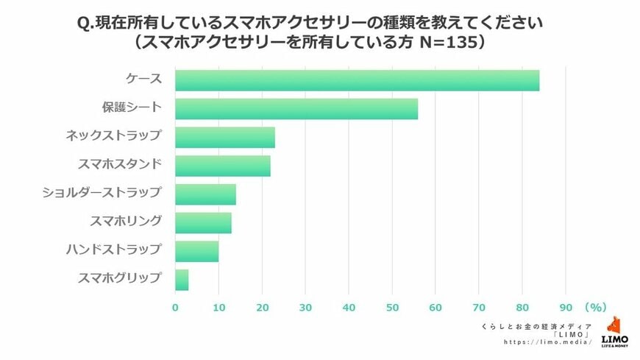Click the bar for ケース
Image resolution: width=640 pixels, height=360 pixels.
pos(357,80)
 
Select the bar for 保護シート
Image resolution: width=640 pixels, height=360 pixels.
pos(296,109)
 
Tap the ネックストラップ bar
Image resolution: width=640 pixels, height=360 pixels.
pos(224,138)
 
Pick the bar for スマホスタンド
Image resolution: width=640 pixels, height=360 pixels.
pos(222,166)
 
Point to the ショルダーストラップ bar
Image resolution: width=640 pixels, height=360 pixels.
pos(205,194)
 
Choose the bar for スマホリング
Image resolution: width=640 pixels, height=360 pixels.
pos(203,223)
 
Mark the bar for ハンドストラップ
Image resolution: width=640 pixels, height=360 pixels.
pos(196,252)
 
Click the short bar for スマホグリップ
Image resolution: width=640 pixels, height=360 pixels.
pos(182,280)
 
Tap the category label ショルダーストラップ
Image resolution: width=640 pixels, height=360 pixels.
pos(102,193)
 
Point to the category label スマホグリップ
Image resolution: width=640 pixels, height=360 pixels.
pos(119,278)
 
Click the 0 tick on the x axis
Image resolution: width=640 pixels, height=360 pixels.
pos(175,307)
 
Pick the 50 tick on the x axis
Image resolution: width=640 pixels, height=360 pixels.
pos(392,307)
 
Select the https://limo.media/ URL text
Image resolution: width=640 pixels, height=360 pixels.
pos(548,342)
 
